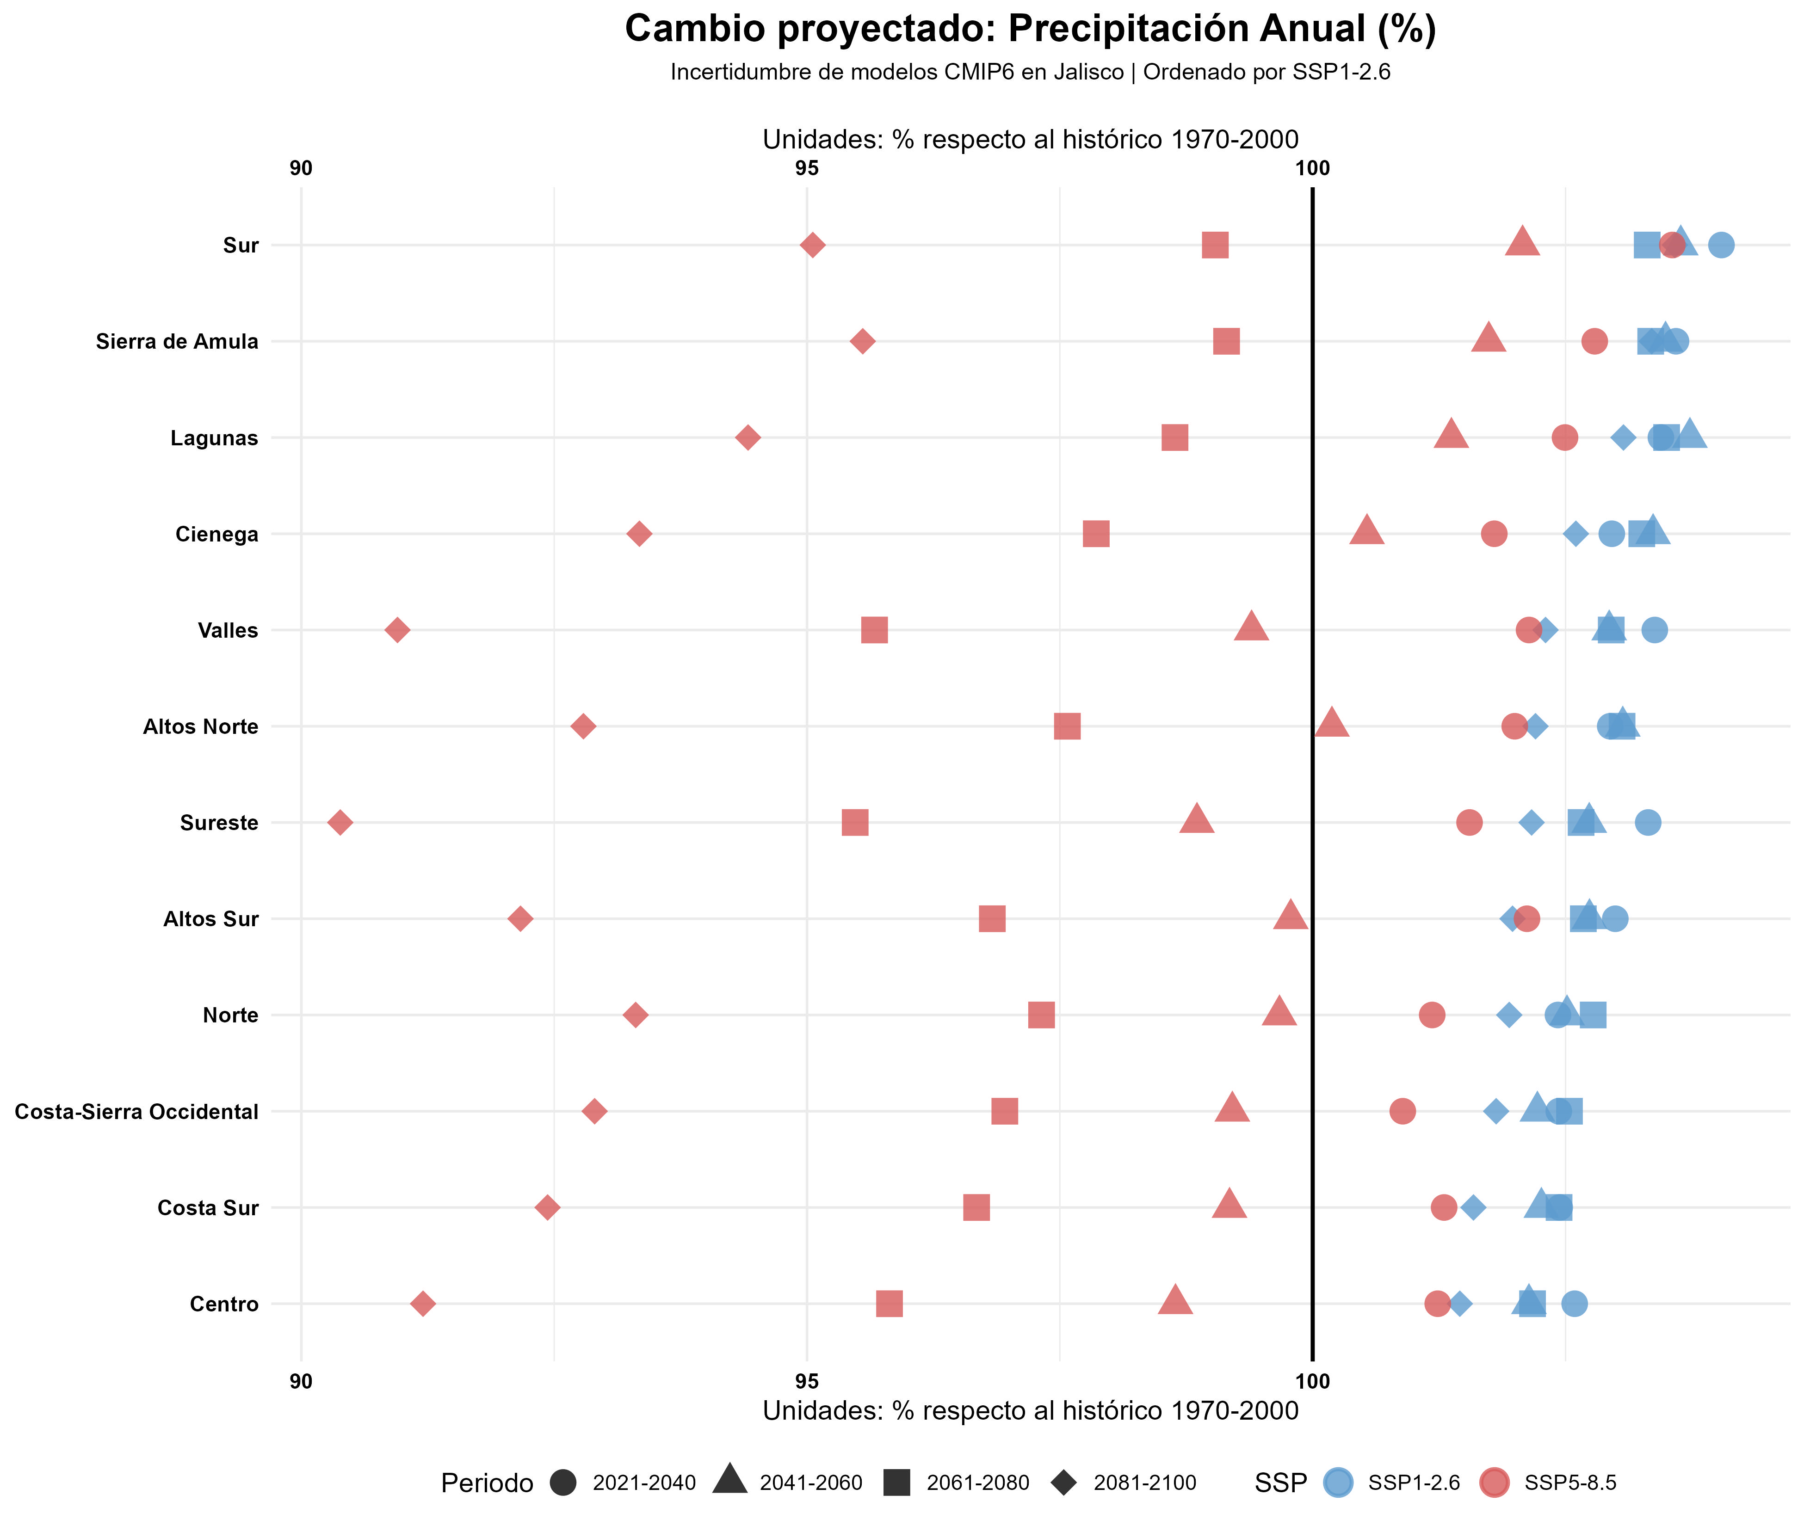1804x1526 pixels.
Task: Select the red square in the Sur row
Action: [x=1215, y=246]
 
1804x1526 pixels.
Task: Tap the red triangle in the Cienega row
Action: [x=1366, y=531]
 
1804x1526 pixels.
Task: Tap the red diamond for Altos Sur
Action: [x=519, y=919]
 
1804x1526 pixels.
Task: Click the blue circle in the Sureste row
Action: [x=1647, y=823]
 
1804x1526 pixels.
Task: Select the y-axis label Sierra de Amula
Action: [x=177, y=342]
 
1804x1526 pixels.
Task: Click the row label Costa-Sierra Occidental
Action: [x=137, y=1112]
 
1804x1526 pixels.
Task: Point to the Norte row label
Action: [x=230, y=1015]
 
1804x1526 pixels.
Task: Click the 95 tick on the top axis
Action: [x=806, y=169]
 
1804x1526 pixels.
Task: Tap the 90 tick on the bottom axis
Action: [x=301, y=1382]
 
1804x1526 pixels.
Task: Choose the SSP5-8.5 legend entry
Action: [x=1569, y=1483]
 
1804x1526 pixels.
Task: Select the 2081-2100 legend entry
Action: [x=1144, y=1483]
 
